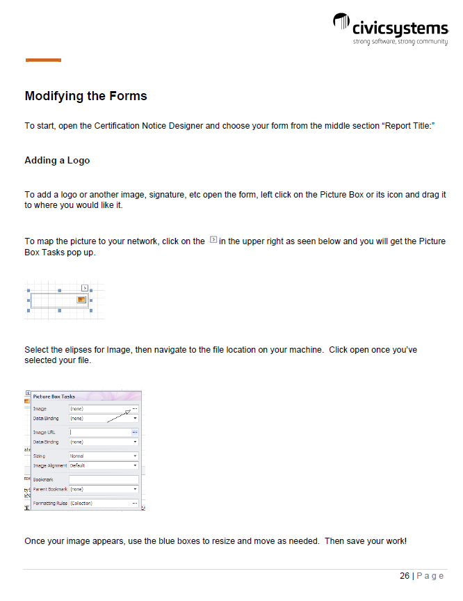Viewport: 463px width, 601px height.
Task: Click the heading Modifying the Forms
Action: (x=86, y=96)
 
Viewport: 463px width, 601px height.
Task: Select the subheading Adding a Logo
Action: (x=57, y=160)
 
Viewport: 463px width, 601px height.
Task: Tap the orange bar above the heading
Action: (x=43, y=61)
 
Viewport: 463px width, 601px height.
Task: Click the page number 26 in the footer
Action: (x=404, y=576)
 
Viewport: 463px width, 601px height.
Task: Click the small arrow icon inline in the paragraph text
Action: (x=213, y=240)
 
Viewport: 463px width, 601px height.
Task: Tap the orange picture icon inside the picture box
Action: (x=81, y=299)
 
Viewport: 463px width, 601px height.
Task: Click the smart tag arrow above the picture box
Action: (x=84, y=287)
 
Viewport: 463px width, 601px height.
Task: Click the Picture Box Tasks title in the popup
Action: (x=54, y=396)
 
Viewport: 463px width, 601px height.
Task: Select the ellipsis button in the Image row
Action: (x=135, y=408)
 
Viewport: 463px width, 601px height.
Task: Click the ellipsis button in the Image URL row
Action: (x=135, y=432)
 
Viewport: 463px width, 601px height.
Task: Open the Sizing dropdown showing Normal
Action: (x=135, y=456)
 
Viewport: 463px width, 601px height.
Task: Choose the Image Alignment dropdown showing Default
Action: (x=135, y=465)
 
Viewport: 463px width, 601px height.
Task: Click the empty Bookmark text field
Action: (x=104, y=479)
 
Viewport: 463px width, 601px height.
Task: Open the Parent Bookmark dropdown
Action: (x=135, y=489)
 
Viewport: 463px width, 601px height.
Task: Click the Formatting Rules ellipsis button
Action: (x=135, y=502)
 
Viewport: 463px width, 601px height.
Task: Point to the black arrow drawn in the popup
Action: (x=119, y=416)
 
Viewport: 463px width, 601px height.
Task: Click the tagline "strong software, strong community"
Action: (x=400, y=42)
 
